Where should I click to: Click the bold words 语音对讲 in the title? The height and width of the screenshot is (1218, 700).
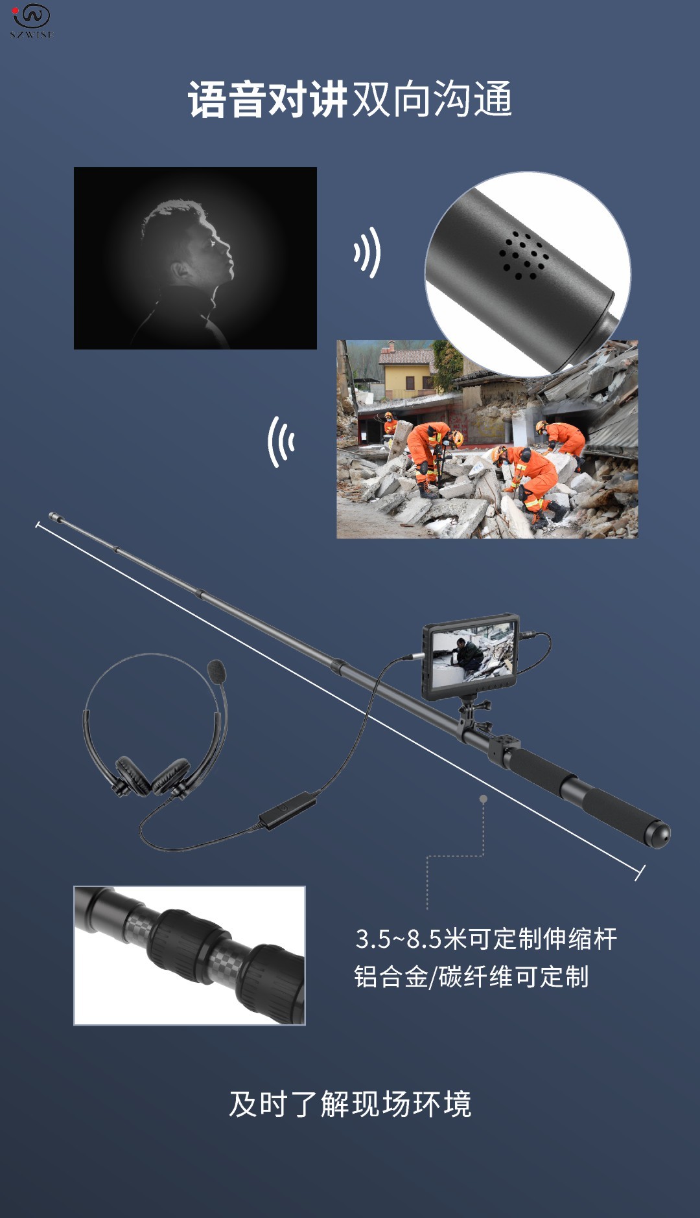[268, 100]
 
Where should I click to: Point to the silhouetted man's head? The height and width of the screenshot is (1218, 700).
[188, 243]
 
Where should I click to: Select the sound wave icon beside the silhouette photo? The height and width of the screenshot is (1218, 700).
[367, 252]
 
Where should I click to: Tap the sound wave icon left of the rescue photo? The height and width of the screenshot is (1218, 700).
[281, 442]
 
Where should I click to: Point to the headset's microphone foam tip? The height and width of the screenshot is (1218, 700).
[217, 671]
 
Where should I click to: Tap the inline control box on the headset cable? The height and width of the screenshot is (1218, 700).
[287, 810]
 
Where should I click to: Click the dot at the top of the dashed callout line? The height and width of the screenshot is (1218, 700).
[483, 799]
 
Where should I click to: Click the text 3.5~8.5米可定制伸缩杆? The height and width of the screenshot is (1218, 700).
[485, 939]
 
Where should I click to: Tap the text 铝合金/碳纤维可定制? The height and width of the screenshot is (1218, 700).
[471, 976]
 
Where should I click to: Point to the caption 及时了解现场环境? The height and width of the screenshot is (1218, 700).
[350, 1104]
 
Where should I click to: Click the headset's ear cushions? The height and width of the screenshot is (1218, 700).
[152, 776]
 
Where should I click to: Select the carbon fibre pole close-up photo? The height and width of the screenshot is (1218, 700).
[189, 955]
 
